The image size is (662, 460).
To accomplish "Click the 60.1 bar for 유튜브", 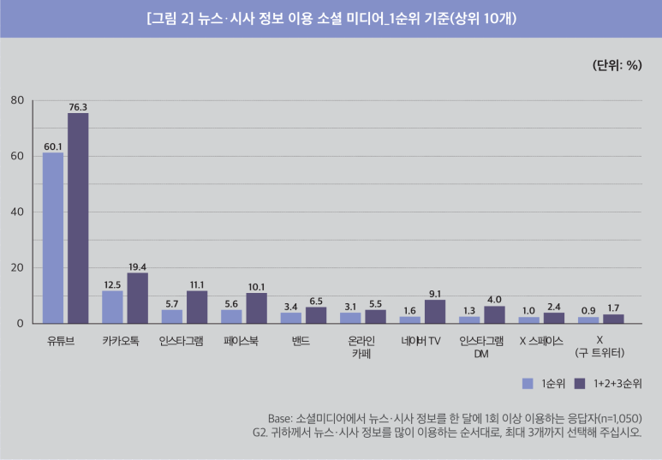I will [x=53, y=238].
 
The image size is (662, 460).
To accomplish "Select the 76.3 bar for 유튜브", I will [x=78, y=218].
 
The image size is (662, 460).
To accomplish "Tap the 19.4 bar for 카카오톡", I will [x=137, y=298].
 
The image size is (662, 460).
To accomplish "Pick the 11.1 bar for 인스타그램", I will [x=197, y=308].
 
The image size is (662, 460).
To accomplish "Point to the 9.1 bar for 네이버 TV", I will [x=435, y=312].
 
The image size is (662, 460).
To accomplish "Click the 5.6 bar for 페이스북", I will [x=232, y=316].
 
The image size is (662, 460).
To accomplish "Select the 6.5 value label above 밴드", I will [x=316, y=301].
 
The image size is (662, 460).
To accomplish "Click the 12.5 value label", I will [x=112, y=284].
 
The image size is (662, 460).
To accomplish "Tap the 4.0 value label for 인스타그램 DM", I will [x=494, y=299].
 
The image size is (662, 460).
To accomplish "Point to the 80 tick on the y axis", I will [x=16, y=100].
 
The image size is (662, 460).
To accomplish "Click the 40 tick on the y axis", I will [x=16, y=212].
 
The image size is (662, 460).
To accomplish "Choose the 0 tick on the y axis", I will [x=20, y=324].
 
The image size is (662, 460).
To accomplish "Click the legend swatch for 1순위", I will [x=528, y=382].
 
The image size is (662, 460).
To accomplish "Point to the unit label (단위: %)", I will [x=617, y=66].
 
